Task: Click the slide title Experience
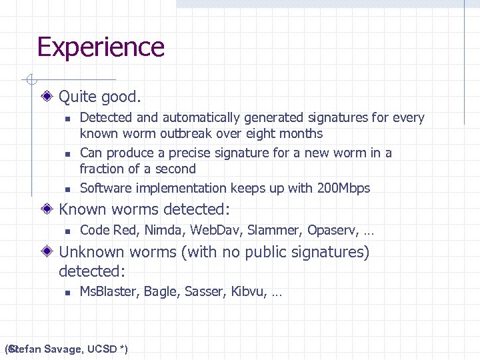click(101, 47)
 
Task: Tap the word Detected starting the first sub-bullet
click(106, 118)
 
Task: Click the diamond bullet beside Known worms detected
click(49, 209)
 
